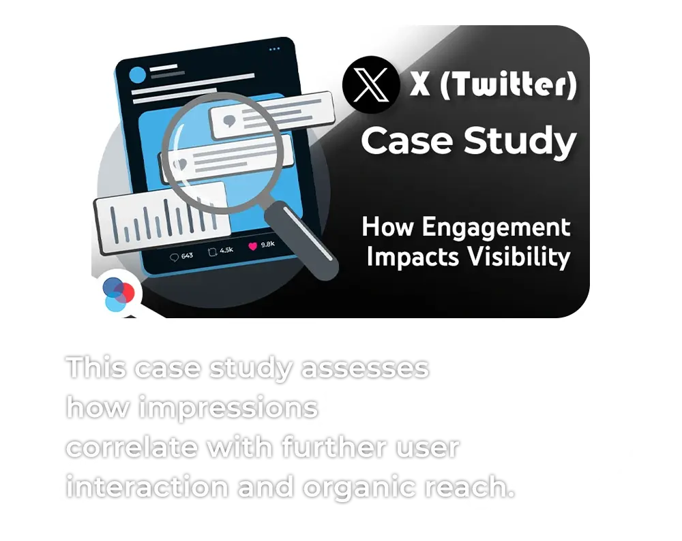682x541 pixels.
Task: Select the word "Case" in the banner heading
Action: point(406,141)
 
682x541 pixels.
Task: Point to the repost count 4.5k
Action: point(224,251)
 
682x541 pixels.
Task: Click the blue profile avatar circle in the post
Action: point(138,74)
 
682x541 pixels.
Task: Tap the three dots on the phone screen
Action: point(275,49)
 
